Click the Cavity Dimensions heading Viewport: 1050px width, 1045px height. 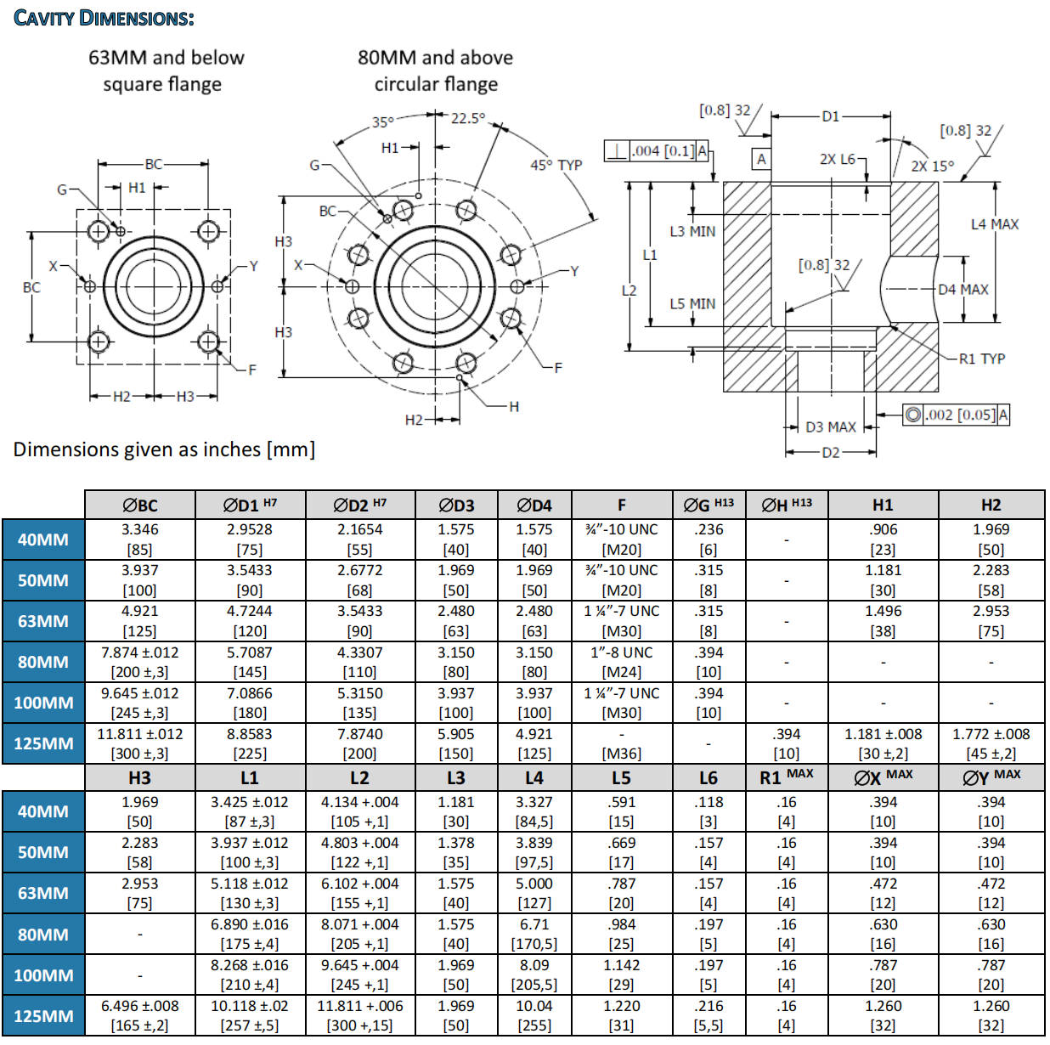(x=104, y=18)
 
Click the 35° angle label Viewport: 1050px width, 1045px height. (x=383, y=122)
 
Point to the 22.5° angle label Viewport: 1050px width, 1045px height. (x=467, y=119)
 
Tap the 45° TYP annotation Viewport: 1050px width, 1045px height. (x=556, y=165)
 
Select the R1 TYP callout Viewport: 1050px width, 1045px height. (x=981, y=359)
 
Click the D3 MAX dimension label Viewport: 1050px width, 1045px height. (x=830, y=426)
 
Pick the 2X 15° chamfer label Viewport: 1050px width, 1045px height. (x=932, y=166)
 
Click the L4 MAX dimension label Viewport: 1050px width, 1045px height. (x=994, y=224)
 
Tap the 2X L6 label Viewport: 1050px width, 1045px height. (x=837, y=159)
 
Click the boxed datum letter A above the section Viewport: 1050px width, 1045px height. (x=761, y=159)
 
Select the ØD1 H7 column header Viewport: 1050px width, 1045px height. (x=250, y=505)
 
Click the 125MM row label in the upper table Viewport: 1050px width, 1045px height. (x=43, y=743)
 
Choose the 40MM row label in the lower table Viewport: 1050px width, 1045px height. (x=43, y=811)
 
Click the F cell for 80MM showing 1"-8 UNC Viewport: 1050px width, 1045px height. (x=621, y=662)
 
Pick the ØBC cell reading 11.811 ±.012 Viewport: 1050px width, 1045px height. (x=139, y=743)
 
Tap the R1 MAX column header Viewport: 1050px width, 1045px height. (x=786, y=777)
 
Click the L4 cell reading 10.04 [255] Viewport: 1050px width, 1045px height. (x=533, y=1015)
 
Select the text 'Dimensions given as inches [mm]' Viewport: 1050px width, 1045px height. (x=164, y=449)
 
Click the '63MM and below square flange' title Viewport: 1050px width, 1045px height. (x=166, y=71)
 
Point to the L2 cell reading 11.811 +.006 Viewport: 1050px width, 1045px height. (x=359, y=1015)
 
